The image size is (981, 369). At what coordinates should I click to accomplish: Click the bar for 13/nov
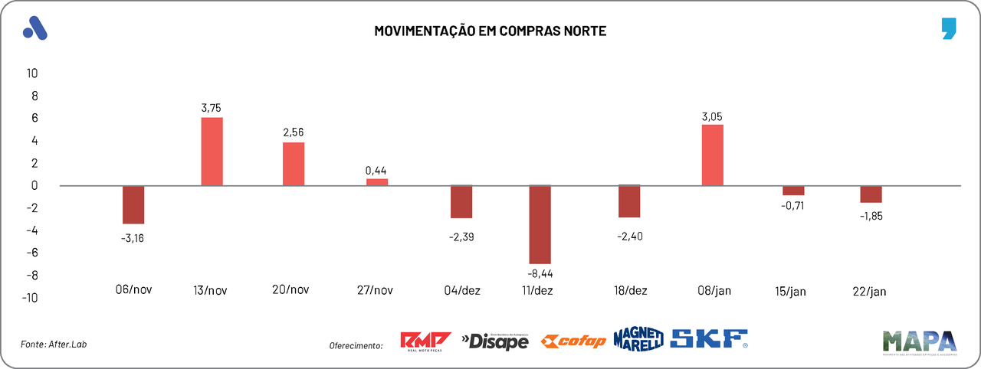pyautogui.click(x=212, y=151)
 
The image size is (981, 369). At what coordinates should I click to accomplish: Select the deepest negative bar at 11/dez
pyautogui.click(x=540, y=224)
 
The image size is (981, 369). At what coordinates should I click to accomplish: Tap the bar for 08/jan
pyautogui.click(x=712, y=155)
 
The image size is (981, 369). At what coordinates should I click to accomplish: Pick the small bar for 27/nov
pyautogui.click(x=377, y=182)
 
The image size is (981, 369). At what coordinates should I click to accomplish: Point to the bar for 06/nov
pyautogui.click(x=133, y=204)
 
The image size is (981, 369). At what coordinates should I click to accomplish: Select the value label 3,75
pyautogui.click(x=212, y=108)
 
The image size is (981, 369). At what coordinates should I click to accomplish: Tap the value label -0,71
pyautogui.click(x=792, y=205)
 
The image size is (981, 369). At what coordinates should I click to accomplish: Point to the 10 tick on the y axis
pyautogui.click(x=33, y=73)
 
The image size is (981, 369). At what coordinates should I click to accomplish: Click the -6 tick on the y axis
pyautogui.click(x=33, y=253)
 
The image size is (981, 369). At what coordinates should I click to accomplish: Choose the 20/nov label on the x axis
pyautogui.click(x=290, y=290)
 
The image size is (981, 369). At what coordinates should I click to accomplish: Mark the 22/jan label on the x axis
pyautogui.click(x=871, y=291)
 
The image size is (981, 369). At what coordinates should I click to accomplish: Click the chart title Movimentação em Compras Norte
pyautogui.click(x=490, y=31)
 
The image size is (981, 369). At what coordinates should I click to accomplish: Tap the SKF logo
pyautogui.click(x=709, y=339)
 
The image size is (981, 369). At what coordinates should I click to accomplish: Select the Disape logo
pyautogui.click(x=495, y=341)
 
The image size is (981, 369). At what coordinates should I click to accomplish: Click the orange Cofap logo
pyautogui.click(x=573, y=341)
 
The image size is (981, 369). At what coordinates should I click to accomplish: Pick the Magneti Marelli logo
pyautogui.click(x=638, y=339)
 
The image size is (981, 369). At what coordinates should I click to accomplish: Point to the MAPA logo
pyautogui.click(x=919, y=341)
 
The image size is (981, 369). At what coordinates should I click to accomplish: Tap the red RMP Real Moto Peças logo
pyautogui.click(x=426, y=341)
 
